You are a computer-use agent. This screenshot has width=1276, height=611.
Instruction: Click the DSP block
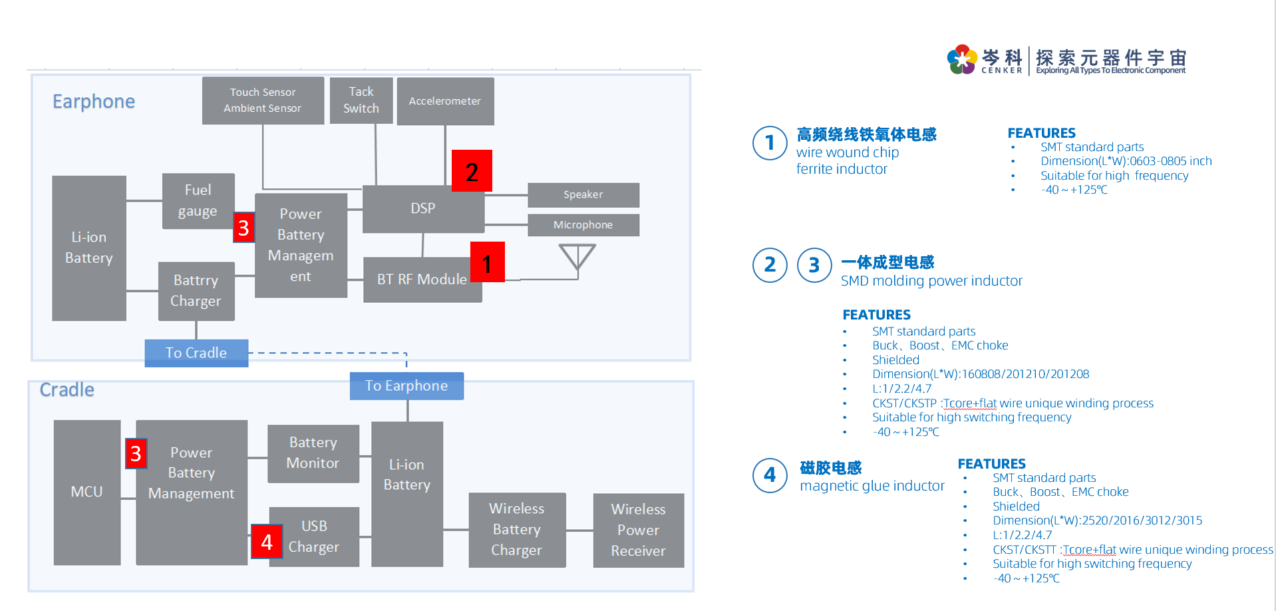coord(422,209)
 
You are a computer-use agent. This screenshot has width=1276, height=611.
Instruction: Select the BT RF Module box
coord(422,280)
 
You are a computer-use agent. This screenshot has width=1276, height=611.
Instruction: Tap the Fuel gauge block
coord(198,201)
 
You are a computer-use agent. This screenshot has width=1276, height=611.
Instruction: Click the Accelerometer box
coord(445,101)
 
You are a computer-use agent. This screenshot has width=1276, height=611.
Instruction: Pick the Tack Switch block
coord(361,101)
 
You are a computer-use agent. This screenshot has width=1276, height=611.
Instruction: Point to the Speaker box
coord(583,195)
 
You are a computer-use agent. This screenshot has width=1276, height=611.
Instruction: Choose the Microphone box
coord(583,225)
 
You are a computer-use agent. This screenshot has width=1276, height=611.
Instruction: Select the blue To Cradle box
coord(196,353)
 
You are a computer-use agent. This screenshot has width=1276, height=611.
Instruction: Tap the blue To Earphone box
coord(406,386)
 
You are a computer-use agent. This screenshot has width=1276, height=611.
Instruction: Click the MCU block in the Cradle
coord(87,492)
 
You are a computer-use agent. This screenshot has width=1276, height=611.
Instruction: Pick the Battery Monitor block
coord(313,453)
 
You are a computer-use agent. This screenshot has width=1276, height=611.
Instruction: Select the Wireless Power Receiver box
coord(638,530)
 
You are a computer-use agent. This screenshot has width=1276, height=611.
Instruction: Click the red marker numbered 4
coord(267,541)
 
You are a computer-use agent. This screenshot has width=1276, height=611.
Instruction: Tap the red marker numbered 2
coord(472,171)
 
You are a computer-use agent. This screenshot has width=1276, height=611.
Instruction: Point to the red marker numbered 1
coord(487,262)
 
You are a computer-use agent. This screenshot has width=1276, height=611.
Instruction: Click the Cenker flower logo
coord(962,60)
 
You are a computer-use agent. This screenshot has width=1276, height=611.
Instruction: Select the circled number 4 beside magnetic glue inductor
coord(770,475)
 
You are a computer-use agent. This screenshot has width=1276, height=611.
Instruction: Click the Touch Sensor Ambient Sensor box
coord(263,101)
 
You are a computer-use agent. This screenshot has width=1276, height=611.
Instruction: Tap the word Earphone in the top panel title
coord(94,102)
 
